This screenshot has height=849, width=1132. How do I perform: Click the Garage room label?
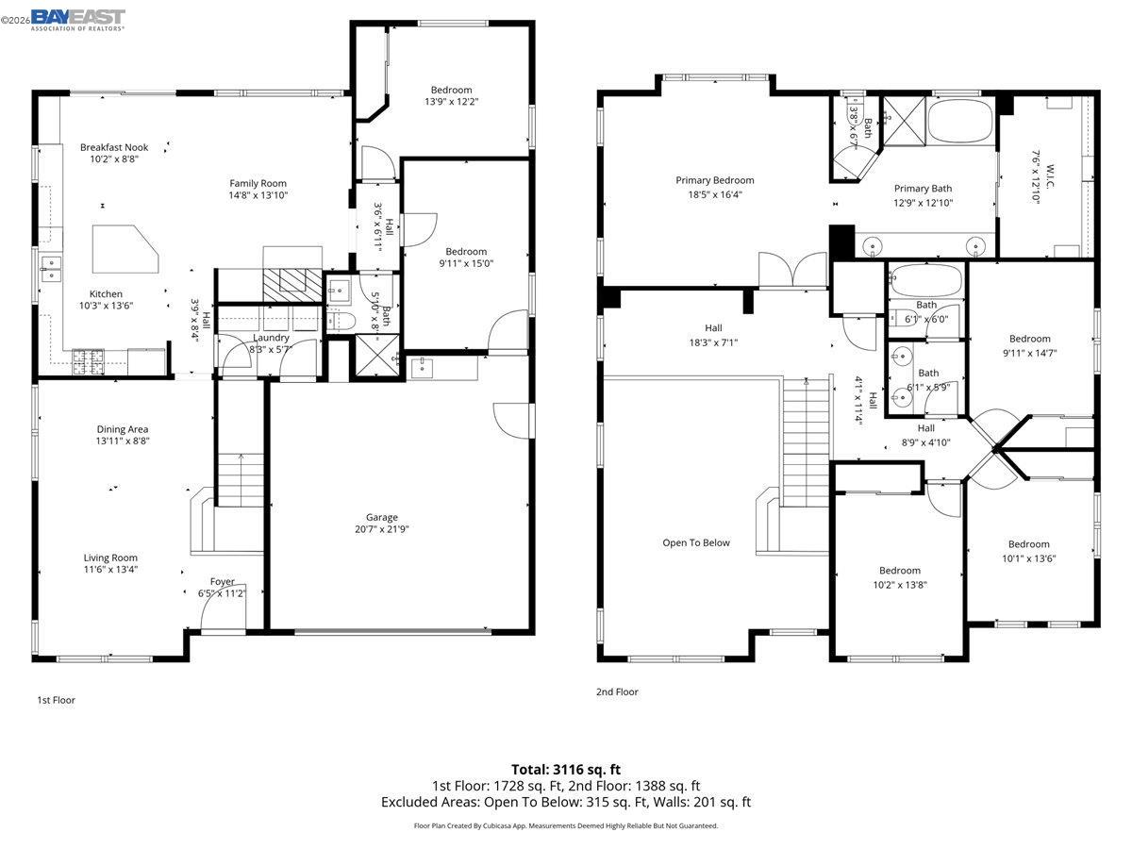pos(382,517)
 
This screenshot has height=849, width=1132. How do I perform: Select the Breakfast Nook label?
pos(114,147)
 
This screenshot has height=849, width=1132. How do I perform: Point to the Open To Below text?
pos(696,542)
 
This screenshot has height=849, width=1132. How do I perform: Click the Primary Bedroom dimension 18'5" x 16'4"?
pos(714,195)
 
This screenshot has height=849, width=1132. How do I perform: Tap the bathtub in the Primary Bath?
pos(960,123)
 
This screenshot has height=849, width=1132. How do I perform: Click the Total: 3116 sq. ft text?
pos(566,769)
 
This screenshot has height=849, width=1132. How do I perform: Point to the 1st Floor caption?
pos(56,700)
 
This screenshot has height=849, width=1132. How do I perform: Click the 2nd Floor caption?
pos(617,691)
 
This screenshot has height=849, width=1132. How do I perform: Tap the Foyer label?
pos(223,581)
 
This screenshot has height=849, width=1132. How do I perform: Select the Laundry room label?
pos(271,338)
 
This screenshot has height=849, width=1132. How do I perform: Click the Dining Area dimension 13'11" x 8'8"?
pos(123,441)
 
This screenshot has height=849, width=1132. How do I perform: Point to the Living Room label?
pos(110,558)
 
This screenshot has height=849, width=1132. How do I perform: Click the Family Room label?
pos(258,183)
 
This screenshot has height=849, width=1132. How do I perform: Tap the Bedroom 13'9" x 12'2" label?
pos(451,90)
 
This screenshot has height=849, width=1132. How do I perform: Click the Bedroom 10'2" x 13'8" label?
pos(899,570)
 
